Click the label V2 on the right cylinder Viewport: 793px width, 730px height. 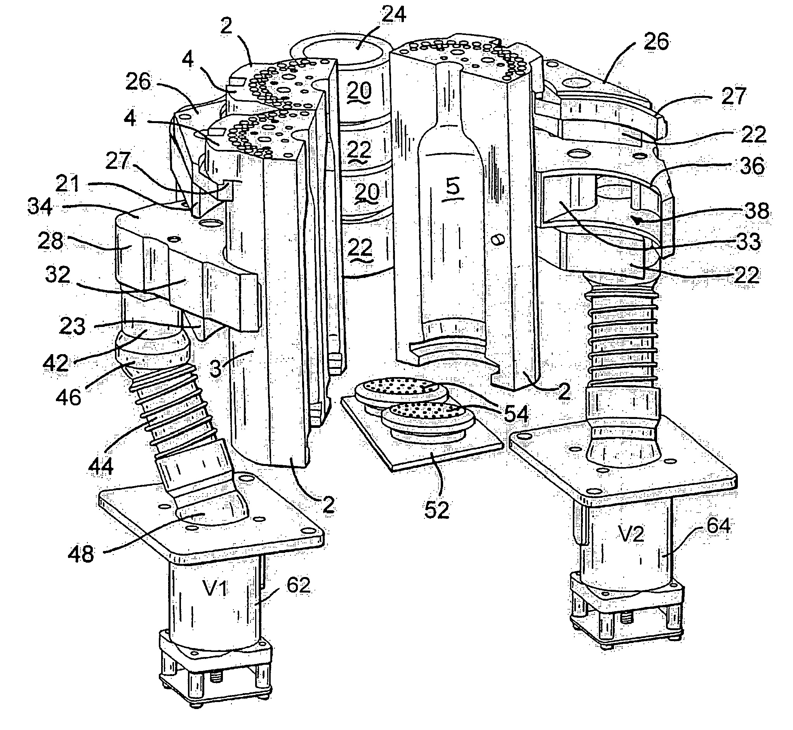tap(631, 534)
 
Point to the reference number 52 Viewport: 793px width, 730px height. tap(436, 509)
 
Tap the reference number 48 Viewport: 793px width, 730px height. tap(81, 553)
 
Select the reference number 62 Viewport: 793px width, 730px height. tap(298, 585)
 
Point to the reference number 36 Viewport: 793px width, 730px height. tap(751, 166)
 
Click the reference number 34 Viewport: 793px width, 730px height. tap(40, 207)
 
